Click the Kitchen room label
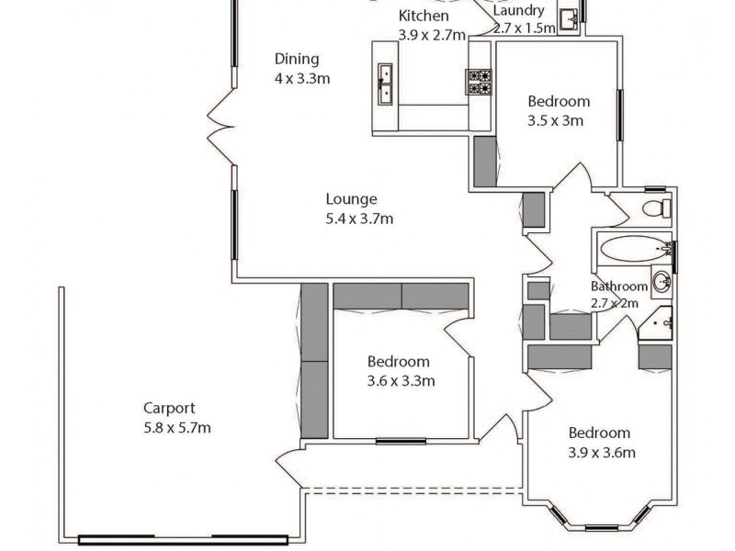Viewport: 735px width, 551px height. pos(424,16)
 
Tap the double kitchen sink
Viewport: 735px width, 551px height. pos(384,84)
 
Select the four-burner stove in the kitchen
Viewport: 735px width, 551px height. pos(480,83)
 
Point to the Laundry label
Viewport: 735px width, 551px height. pos(518,11)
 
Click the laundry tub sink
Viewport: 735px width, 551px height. pos(569,17)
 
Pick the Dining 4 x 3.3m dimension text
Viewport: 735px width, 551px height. pos(301,78)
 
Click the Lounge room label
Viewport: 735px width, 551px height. pos(351,198)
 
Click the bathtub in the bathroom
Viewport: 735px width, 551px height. pos(633,248)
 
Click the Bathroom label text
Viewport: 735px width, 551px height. pos(618,287)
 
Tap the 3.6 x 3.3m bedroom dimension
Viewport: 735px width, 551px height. pos(401,380)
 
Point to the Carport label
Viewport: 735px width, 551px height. pos(169,408)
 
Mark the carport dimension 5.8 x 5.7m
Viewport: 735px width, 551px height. pos(177,428)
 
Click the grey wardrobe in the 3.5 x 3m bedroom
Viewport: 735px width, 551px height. pos(485,162)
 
